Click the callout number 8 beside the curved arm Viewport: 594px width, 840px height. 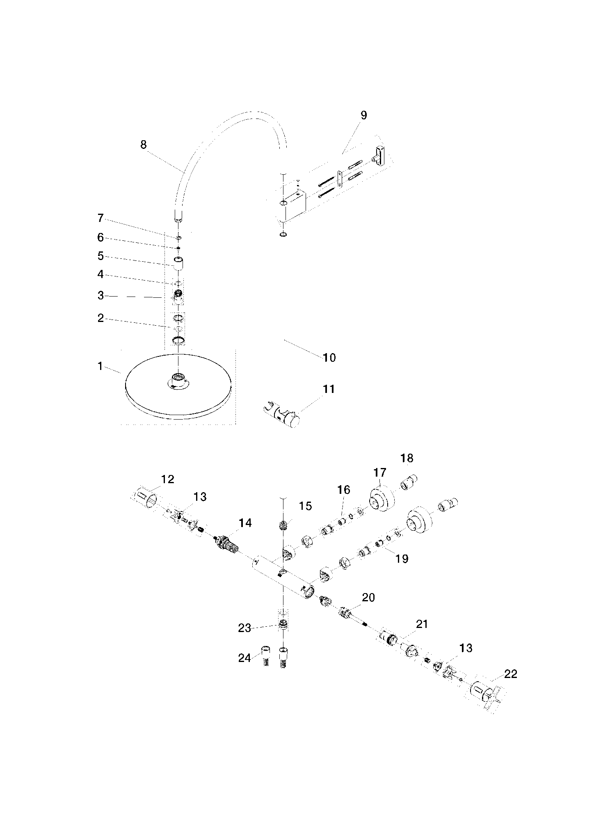[143, 145]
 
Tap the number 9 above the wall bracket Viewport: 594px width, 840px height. [363, 115]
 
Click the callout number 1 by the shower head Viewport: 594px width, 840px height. [100, 366]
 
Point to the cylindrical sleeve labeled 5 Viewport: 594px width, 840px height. [178, 263]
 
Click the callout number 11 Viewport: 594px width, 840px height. [329, 389]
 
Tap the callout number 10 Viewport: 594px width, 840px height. [329, 358]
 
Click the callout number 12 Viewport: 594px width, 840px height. [168, 479]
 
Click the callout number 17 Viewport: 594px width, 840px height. [380, 472]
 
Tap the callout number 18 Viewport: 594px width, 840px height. [407, 458]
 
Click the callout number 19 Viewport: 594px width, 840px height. [402, 559]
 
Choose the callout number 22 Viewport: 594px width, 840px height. [511, 674]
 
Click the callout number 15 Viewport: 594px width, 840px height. [306, 506]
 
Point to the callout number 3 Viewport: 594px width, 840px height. [101, 296]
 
